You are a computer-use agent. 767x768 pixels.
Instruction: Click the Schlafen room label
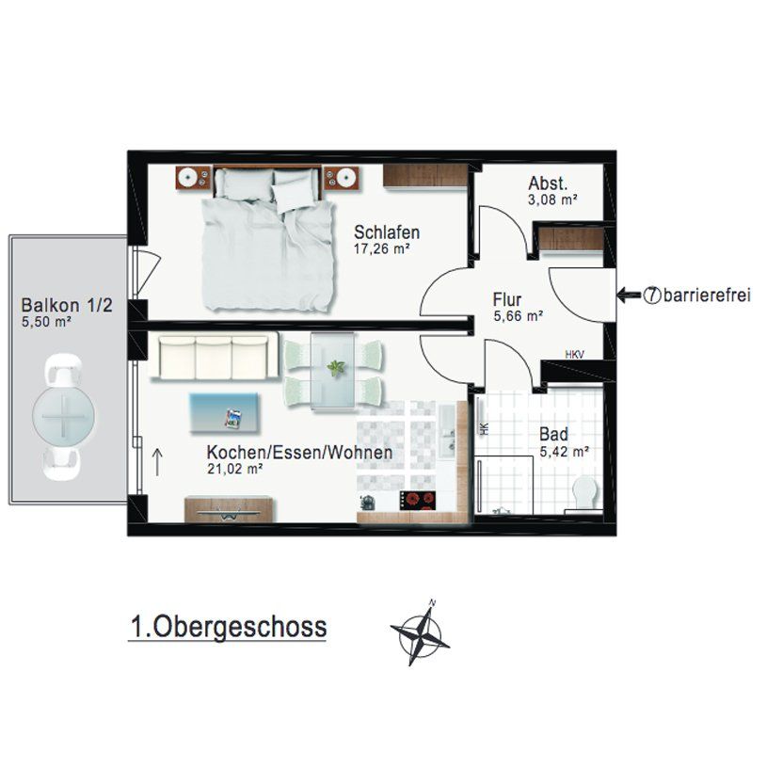(x=387, y=232)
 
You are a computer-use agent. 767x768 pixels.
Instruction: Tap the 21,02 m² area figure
(x=235, y=470)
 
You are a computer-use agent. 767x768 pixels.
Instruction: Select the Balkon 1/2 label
(x=67, y=305)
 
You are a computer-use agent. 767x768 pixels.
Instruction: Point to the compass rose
(x=420, y=632)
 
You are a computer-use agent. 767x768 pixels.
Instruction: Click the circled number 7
(x=651, y=296)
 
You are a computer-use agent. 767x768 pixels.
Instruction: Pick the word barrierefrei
(x=707, y=296)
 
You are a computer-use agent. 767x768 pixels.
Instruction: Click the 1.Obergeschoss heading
(x=229, y=627)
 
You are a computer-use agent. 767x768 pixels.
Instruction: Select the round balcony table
(x=64, y=416)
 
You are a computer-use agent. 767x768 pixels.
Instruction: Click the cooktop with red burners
(x=418, y=501)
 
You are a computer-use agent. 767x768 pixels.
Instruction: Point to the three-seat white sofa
(x=213, y=357)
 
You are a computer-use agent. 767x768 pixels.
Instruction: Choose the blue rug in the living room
(x=224, y=413)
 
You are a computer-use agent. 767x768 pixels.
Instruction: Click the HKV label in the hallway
(x=574, y=355)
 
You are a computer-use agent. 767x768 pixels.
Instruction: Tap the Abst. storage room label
(x=548, y=184)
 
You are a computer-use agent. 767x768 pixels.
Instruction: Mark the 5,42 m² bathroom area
(x=564, y=452)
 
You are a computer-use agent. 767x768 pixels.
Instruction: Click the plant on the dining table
(x=335, y=367)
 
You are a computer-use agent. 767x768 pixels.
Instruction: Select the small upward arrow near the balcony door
(x=157, y=462)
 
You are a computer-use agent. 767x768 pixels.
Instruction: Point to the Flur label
(x=507, y=299)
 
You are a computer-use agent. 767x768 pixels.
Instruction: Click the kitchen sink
(x=447, y=430)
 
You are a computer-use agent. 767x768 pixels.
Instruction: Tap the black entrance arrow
(x=629, y=296)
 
